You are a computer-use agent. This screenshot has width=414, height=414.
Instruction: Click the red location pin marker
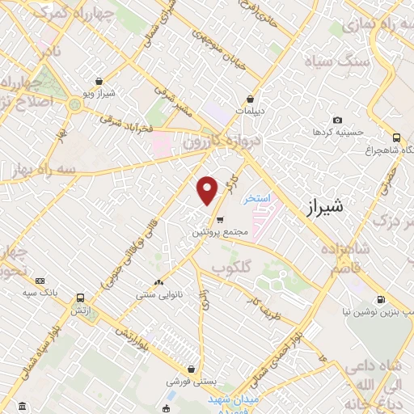tap(208, 190)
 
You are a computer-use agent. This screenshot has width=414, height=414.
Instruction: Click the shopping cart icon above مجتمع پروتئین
tap(219, 218)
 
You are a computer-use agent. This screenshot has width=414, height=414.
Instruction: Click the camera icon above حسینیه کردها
tap(337, 120)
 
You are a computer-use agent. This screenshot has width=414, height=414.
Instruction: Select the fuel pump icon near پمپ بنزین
tap(381, 298)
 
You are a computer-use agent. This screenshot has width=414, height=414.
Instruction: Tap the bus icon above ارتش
tap(80, 298)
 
